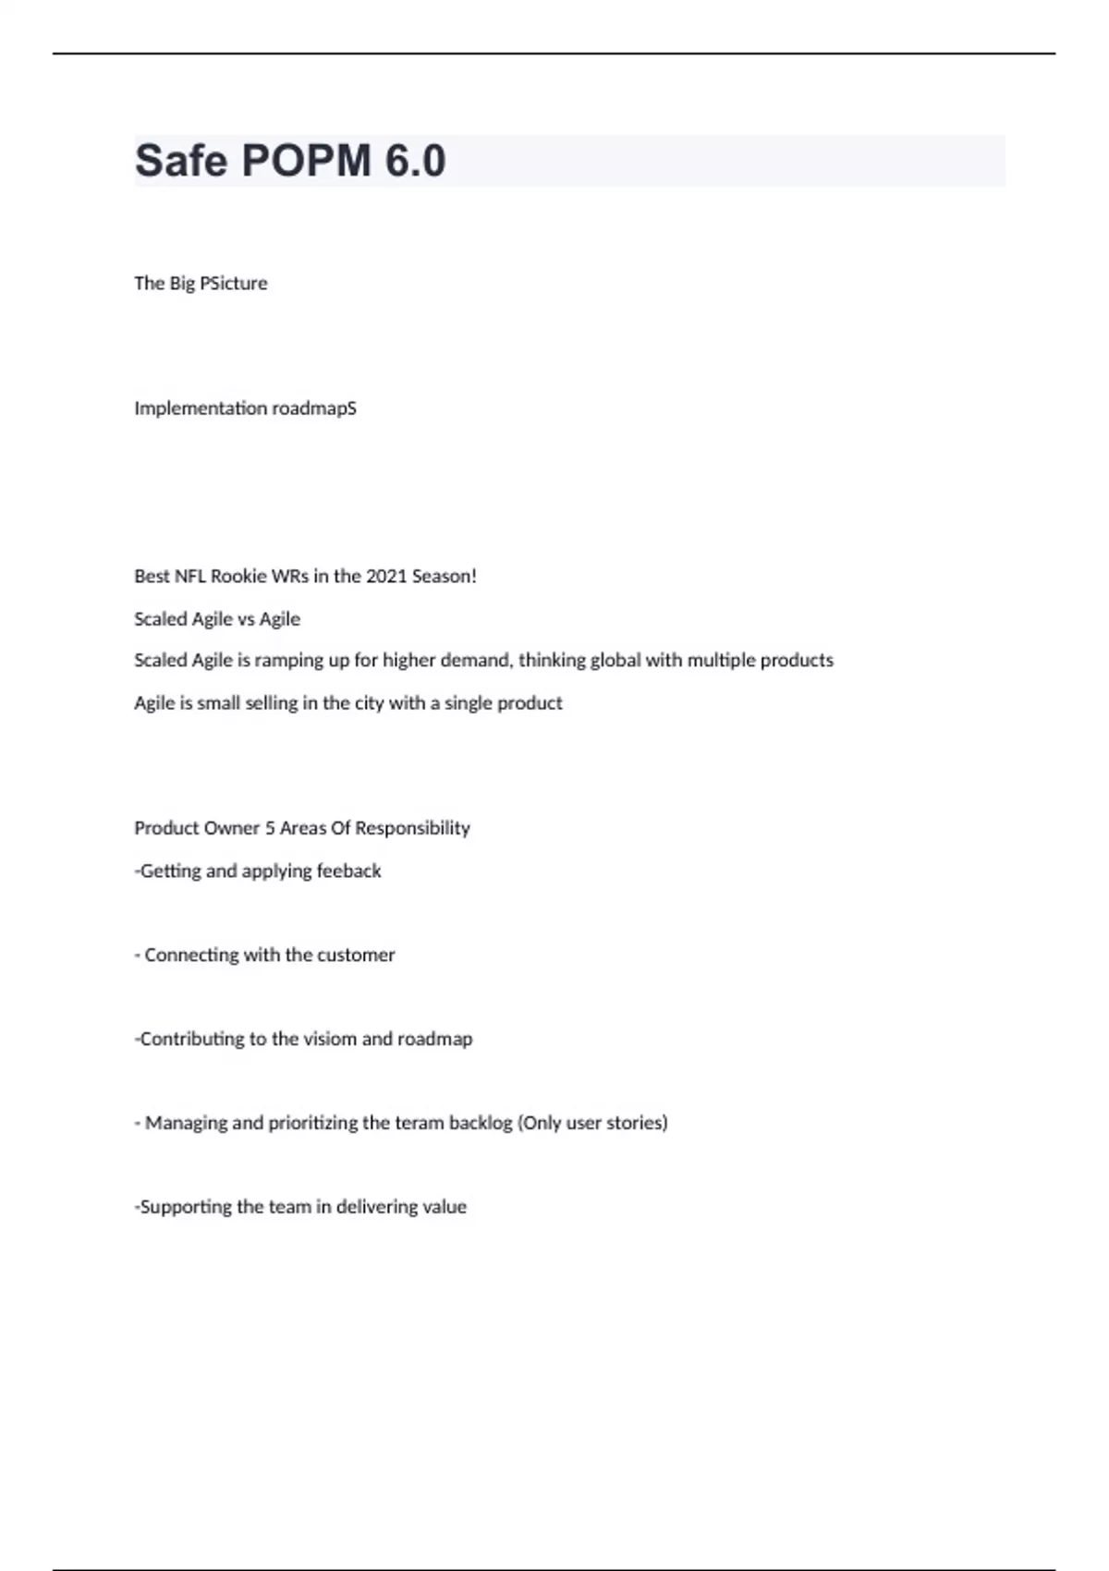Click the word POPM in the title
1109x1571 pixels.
pyautogui.click(x=306, y=161)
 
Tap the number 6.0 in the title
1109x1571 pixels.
pyautogui.click(x=415, y=161)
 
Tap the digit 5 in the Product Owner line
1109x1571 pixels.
pyautogui.click(x=270, y=828)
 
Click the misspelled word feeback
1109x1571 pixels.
pyautogui.click(x=348, y=871)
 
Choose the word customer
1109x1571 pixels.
pyautogui.click(x=356, y=955)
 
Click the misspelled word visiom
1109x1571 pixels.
pyautogui.click(x=330, y=1039)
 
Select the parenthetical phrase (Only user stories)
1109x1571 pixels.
pyautogui.click(x=592, y=1123)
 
